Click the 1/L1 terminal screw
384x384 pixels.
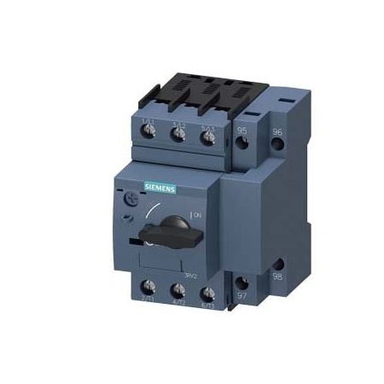click(x=148, y=136)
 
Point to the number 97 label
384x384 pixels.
click(x=241, y=294)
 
